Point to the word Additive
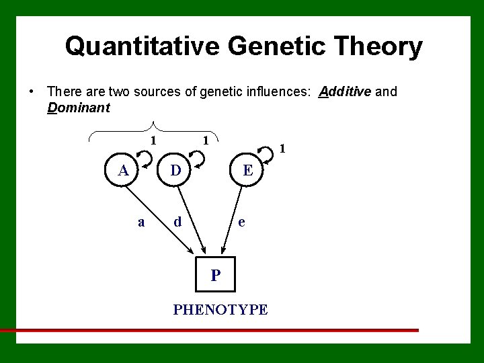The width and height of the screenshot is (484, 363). pos(346,91)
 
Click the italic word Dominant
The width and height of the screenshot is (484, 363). pos(79,108)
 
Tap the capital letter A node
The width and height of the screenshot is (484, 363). pos(124,170)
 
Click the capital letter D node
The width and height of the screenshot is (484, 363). pos(175,170)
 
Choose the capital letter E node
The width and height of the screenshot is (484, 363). pos(247,170)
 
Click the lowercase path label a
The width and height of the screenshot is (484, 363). pos(140,221)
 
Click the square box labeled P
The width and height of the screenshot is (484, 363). pos(215,274)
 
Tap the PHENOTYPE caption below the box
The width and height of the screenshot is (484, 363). pos(220,310)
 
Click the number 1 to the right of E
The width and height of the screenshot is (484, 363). pos(283,148)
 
